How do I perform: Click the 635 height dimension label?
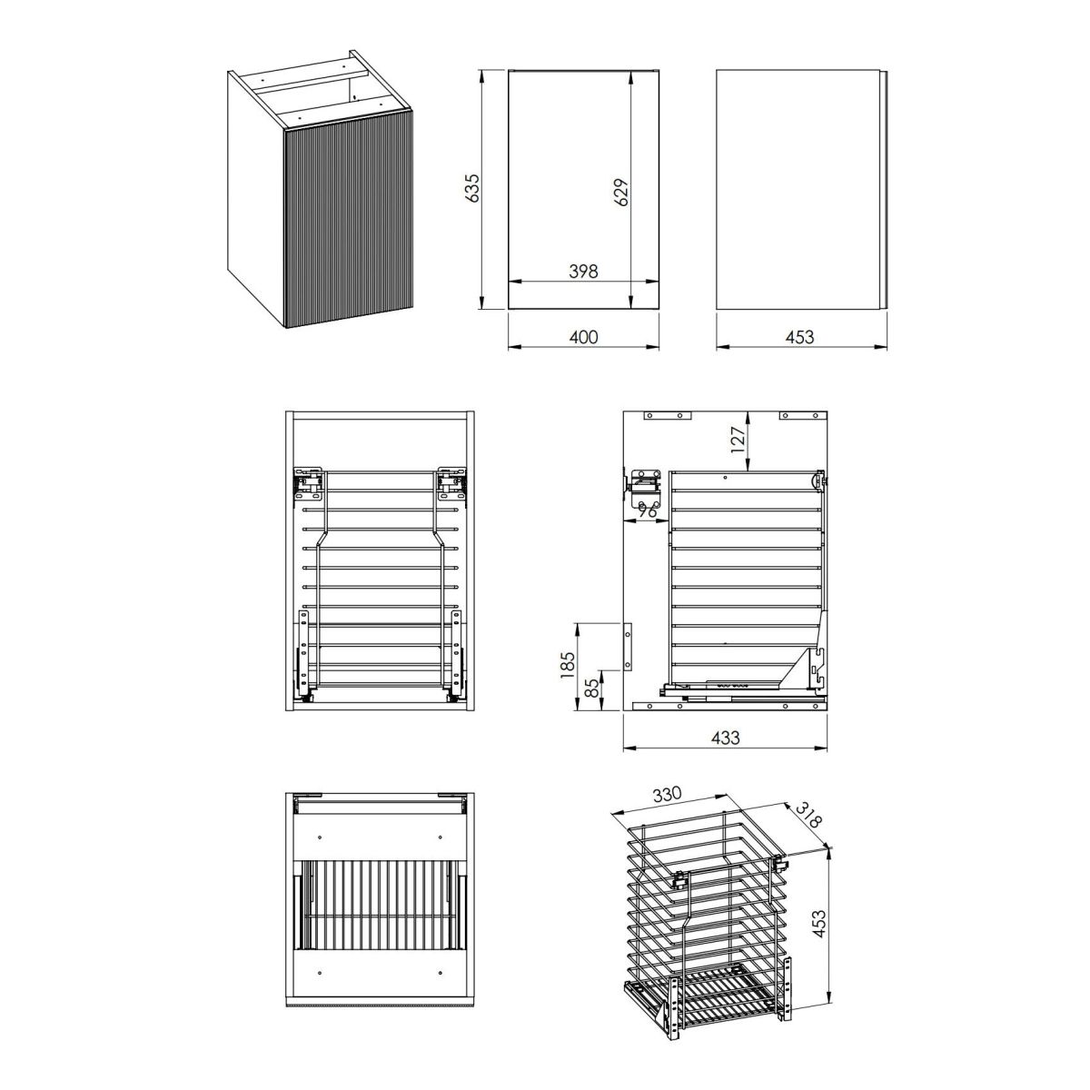(x=472, y=187)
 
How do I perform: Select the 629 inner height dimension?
(x=621, y=193)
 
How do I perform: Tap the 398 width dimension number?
(x=583, y=272)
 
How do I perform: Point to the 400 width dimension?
(x=583, y=337)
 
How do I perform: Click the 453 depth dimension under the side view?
(x=799, y=337)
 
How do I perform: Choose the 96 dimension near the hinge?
(x=647, y=511)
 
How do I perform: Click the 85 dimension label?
(x=591, y=688)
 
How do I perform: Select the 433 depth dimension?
(x=725, y=738)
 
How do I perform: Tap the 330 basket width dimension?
(x=668, y=795)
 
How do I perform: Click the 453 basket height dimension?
(x=818, y=923)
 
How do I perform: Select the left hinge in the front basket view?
(x=308, y=483)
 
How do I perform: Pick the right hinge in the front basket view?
(x=452, y=483)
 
